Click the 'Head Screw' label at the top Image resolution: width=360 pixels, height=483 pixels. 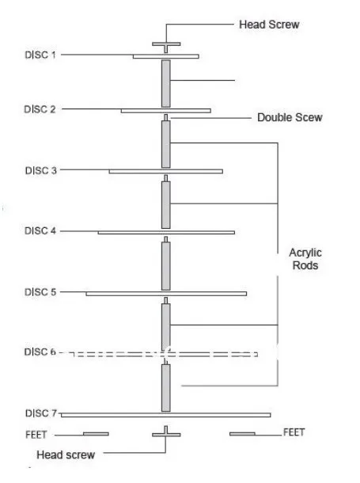pos(269,25)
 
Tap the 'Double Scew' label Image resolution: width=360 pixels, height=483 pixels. pos(290,117)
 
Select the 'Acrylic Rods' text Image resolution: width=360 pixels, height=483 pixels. pos(305,259)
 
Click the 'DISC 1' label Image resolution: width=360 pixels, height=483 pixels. pos(40,55)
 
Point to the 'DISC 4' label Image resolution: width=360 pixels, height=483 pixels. pos(40,230)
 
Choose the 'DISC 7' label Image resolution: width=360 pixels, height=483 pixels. pos(41,413)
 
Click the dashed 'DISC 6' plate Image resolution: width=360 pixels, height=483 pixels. pos(165,354)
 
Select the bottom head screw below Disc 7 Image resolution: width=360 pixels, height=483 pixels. pos(166,432)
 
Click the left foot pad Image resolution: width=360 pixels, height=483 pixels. pos(96,434)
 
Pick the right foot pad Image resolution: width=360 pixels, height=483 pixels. pos(242,434)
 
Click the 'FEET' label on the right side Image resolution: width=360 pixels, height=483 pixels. pos(294,432)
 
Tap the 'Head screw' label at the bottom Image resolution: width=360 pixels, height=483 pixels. pos(66,454)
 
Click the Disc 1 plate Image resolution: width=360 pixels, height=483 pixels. pos(166,56)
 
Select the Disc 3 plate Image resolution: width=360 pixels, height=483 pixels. pos(166,171)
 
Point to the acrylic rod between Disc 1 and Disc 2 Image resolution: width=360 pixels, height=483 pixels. pos(166,83)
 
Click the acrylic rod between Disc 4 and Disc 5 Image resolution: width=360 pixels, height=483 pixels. pos(166,266)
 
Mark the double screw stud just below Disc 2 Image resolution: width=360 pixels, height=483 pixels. pos(166,118)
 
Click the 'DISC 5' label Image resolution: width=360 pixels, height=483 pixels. pos(40,292)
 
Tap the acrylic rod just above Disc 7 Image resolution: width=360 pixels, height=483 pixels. pos(166,388)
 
